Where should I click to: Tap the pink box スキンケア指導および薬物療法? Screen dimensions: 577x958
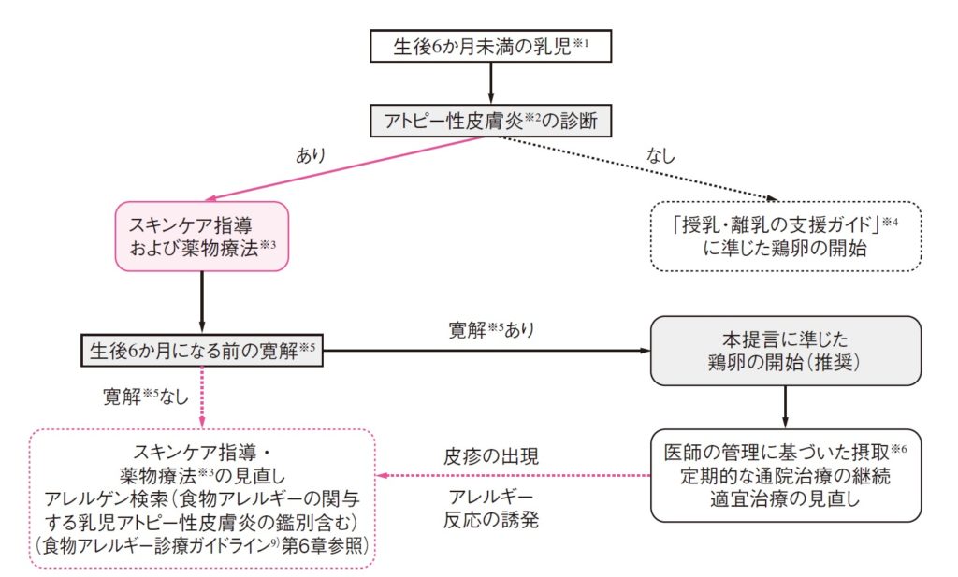pos(201,238)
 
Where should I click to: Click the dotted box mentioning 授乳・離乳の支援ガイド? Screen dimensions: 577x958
pos(786,237)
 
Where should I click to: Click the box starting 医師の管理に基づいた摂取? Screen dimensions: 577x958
pos(786,474)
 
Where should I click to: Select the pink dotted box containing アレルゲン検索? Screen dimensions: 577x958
pos(202,498)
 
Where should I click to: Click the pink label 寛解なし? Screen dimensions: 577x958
pos(150,397)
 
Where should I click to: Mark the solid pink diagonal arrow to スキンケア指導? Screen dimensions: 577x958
pos(346,168)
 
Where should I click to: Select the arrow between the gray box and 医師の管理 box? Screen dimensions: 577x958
pos(786,406)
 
